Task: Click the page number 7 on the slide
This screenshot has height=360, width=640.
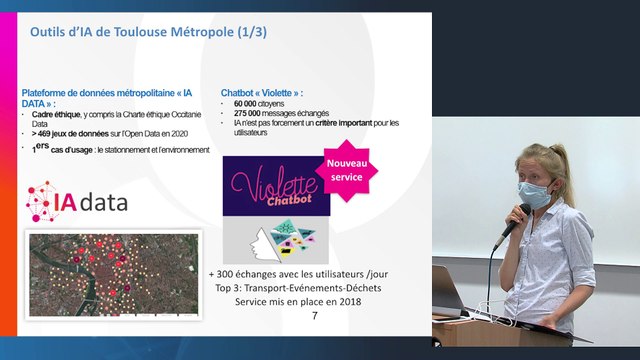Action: (x=315, y=316)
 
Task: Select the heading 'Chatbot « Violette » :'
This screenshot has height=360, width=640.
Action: (x=261, y=93)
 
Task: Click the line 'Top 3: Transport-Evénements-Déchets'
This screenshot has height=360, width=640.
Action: (x=298, y=286)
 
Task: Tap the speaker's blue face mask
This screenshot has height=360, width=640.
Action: (x=536, y=194)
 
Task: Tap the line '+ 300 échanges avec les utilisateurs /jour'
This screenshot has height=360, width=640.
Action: (x=298, y=272)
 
